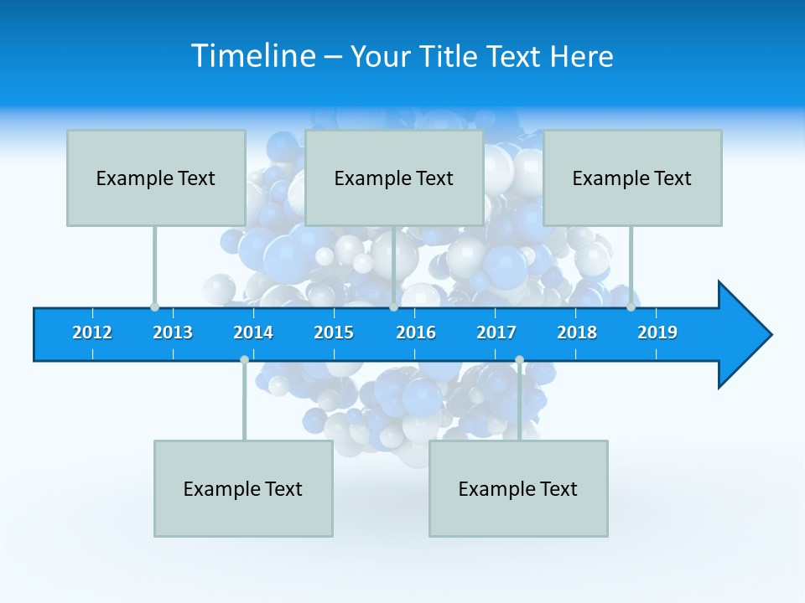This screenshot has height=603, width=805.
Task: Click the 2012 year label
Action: [92, 332]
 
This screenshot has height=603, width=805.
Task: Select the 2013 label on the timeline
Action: [173, 332]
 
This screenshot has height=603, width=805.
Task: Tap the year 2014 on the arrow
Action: [253, 332]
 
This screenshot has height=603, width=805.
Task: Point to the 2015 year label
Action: [334, 332]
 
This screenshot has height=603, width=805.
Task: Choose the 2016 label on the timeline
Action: [416, 332]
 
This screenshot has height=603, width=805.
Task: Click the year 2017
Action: [496, 332]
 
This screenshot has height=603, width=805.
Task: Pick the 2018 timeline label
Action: [577, 332]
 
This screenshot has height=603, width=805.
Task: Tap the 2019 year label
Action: [657, 332]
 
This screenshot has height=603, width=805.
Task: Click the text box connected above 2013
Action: [156, 178]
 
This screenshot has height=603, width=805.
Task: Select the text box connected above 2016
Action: [394, 178]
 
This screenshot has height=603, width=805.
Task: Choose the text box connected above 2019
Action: [632, 178]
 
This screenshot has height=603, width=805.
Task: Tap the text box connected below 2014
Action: [243, 488]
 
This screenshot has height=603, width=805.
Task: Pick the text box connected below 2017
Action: [518, 488]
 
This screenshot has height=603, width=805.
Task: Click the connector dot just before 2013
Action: [154, 307]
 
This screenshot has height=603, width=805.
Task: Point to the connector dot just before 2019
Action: [631, 307]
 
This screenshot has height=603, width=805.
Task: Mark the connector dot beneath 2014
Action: [244, 359]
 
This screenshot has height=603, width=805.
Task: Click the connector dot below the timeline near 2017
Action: [519, 359]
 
